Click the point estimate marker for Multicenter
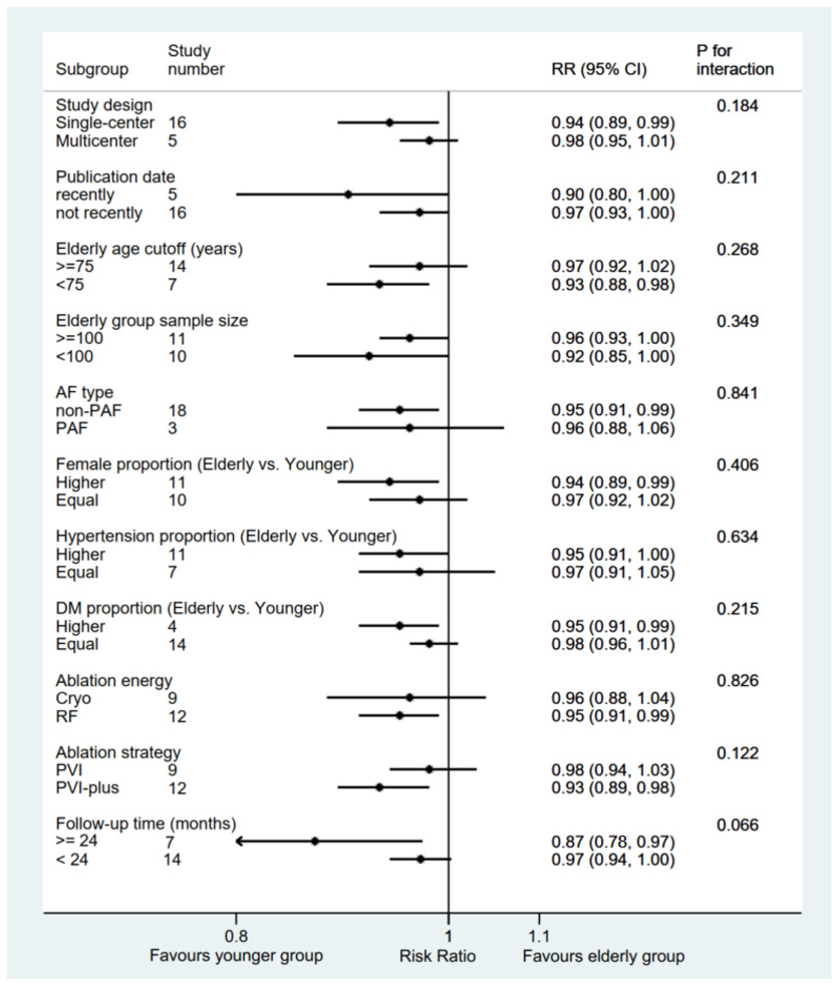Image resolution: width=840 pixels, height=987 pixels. (x=429, y=140)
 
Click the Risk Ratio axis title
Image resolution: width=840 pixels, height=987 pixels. (x=437, y=956)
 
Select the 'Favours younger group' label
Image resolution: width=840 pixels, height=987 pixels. (x=236, y=956)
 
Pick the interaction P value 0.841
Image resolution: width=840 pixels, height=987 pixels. (x=737, y=393)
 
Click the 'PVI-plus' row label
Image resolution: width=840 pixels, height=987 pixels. (x=87, y=788)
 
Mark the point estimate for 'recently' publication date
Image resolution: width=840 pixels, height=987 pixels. (x=348, y=194)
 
